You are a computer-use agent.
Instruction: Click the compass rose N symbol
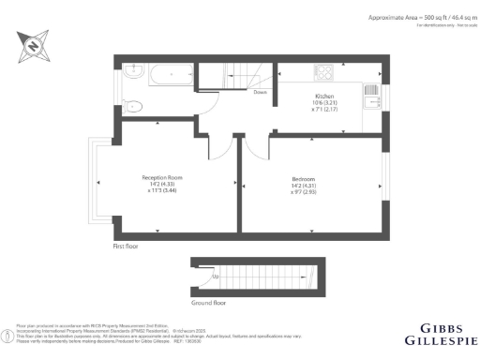[32, 43]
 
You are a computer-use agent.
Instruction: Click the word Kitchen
[324, 97]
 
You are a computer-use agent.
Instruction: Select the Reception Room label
[161, 177]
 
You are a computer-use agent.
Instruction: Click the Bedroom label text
[302, 178]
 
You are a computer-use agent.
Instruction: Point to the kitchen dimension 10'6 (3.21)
[324, 103]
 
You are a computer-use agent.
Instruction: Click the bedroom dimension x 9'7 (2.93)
[302, 191]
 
